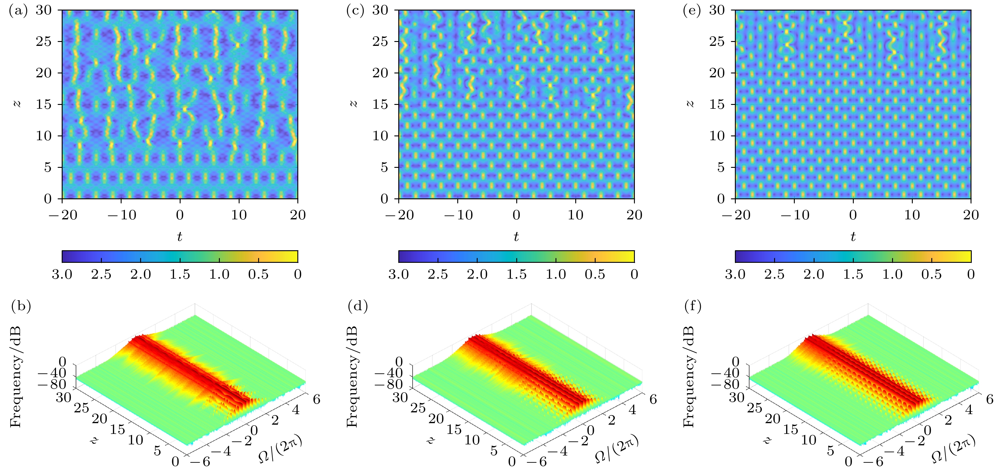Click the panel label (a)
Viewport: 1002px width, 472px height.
click(x=18, y=10)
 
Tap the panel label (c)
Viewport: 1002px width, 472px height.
click(x=355, y=10)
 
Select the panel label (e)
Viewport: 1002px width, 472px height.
click(x=692, y=10)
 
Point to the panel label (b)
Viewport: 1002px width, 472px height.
click(x=21, y=307)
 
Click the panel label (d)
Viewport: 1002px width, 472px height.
click(x=358, y=307)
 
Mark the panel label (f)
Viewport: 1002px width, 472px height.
click(x=693, y=307)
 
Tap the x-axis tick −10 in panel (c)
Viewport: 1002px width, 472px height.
click(x=458, y=215)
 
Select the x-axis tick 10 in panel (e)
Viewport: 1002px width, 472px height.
click(x=912, y=215)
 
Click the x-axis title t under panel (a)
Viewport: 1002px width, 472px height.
click(x=179, y=236)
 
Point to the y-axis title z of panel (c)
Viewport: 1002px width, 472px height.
click(x=353, y=104)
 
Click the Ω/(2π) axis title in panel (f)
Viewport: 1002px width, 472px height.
click(x=953, y=448)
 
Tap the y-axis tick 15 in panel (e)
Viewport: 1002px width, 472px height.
click(x=717, y=104)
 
